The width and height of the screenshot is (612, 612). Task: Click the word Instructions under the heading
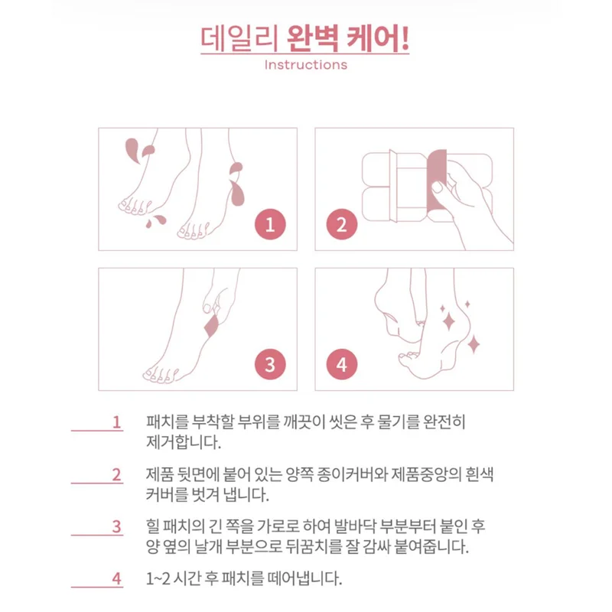click(x=305, y=65)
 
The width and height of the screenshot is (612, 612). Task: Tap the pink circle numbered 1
click(x=270, y=224)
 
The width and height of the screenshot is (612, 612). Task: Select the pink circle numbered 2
click(x=342, y=224)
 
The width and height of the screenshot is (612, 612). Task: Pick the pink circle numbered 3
click(x=270, y=364)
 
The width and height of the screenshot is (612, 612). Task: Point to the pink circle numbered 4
click(x=342, y=364)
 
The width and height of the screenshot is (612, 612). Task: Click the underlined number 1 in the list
click(x=117, y=422)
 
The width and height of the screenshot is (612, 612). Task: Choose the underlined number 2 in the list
click(x=117, y=474)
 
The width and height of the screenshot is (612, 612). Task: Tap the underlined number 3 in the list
click(x=117, y=526)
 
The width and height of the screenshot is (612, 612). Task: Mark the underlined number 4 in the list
click(x=117, y=578)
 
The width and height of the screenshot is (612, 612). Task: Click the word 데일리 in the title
click(x=239, y=38)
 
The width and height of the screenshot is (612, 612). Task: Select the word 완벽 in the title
click(x=312, y=38)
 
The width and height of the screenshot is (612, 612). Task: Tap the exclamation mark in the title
click(x=405, y=38)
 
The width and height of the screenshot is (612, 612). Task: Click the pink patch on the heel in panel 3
click(x=212, y=327)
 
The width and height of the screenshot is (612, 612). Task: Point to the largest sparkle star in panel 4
click(x=448, y=321)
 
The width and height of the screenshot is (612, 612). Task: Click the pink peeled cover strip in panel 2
click(x=436, y=181)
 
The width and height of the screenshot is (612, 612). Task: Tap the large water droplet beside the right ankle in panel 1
click(x=237, y=194)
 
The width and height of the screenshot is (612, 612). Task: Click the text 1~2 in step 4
click(x=158, y=578)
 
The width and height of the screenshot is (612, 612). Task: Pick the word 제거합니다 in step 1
click(x=183, y=443)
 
